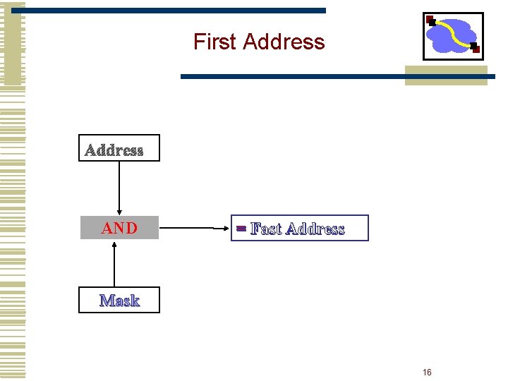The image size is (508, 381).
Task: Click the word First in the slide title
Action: click(214, 42)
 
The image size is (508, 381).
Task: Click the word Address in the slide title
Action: click(284, 42)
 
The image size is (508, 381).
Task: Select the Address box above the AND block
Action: click(119, 148)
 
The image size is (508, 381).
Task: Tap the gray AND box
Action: click(119, 228)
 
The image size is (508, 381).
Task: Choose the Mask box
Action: click(119, 300)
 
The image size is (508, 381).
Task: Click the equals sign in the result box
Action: click(241, 229)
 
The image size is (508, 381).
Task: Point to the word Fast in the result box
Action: click(266, 229)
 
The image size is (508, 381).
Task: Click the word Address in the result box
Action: click(315, 229)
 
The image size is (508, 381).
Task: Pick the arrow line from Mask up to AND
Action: click(114, 265)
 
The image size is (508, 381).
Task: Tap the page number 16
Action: click(427, 372)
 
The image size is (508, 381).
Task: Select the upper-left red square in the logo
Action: click(430, 20)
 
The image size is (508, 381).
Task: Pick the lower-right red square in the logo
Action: click(475, 49)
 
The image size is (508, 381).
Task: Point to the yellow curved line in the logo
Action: click(455, 32)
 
